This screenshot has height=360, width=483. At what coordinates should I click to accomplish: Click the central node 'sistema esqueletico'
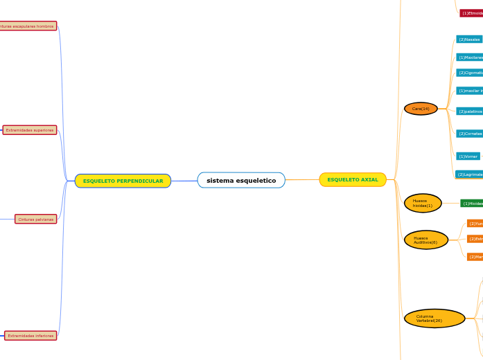coord(241,181)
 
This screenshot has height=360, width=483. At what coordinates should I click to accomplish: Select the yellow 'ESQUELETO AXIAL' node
coord(353,180)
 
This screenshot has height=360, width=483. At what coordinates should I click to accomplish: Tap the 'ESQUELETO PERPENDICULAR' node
coord(123,181)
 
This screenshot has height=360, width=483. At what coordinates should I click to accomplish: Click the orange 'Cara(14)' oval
coord(421,109)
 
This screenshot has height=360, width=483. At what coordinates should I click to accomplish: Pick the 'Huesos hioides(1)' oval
coord(422,204)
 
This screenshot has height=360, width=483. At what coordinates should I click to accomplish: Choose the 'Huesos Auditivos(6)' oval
coord(425,240)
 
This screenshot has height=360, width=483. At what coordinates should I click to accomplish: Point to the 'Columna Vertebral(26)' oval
coord(434,318)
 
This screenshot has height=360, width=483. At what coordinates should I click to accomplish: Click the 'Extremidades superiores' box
coord(30,130)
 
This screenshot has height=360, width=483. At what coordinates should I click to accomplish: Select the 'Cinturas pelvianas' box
coord(36,219)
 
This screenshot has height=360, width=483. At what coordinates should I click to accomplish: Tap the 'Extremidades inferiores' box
coord(30,336)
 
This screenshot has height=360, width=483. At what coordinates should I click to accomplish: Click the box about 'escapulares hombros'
coord(28,26)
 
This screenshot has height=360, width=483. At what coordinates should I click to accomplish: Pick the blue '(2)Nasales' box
coord(469,39)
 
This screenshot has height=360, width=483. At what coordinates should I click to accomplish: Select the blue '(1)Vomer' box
coord(468,156)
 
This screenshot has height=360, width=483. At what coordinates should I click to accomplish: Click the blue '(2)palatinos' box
coord(469,111)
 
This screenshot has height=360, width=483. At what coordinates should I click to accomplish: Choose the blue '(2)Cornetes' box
coord(469,134)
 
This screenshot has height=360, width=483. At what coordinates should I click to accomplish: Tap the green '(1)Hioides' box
coord(472,204)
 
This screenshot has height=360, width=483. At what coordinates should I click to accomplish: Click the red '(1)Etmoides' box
coord(471,13)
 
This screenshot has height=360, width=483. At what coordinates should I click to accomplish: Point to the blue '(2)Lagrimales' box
coord(469,174)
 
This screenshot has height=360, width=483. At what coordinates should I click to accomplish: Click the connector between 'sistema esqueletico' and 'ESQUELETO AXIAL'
coord(302,180)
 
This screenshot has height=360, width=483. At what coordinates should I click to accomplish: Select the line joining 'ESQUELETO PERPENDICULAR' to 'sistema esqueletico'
coord(184,181)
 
